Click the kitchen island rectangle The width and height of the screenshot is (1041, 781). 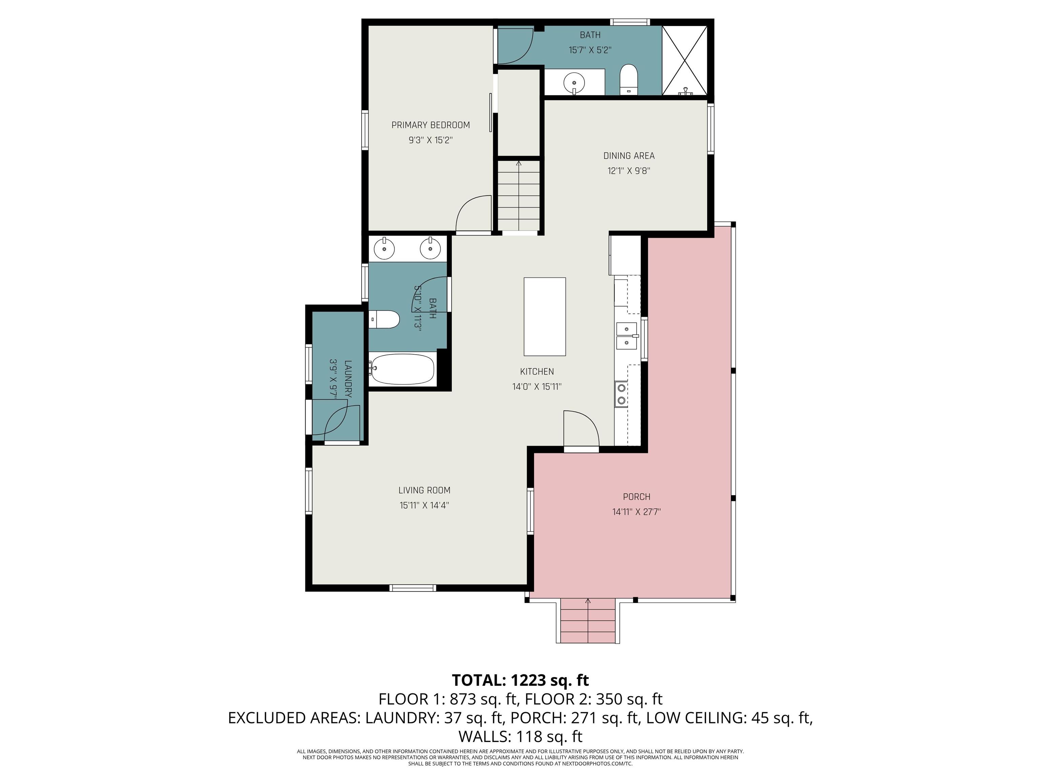point(545,316)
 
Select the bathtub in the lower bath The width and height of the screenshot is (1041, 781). point(402,369)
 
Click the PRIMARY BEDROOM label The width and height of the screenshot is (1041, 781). point(431,125)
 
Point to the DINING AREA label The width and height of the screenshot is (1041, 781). point(629,156)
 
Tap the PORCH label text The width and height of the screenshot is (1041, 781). point(636,497)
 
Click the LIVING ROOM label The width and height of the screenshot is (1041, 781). point(424,490)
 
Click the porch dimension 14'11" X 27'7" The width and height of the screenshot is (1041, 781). point(636,512)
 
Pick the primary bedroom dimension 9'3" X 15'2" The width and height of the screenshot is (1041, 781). point(431,140)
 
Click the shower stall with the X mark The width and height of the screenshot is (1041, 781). point(685,60)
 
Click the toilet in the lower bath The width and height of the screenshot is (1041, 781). point(385,320)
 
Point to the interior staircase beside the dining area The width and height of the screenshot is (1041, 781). point(518,195)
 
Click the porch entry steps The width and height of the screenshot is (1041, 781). point(588,621)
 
